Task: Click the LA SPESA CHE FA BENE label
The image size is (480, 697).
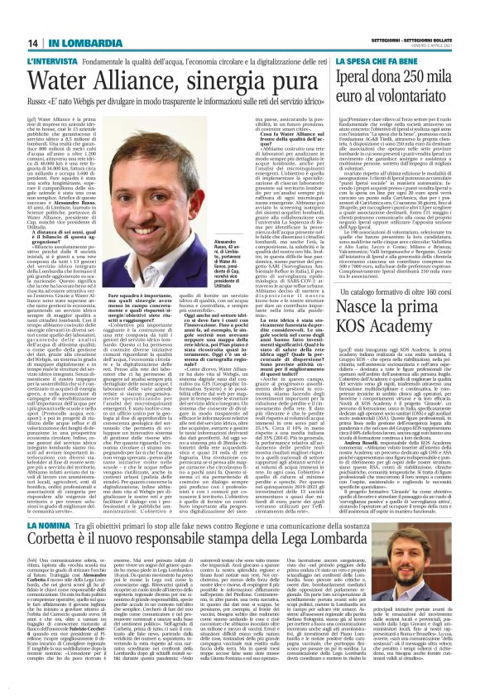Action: (x=392, y=62)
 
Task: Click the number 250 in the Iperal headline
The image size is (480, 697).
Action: (x=430, y=83)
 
